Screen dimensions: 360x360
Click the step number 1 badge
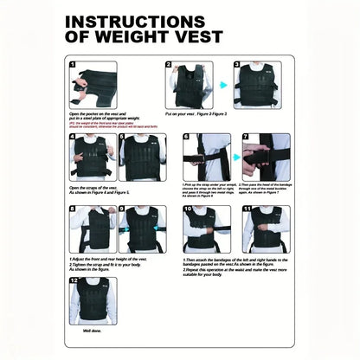[x=74, y=65]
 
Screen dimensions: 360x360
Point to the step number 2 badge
[x=170, y=65]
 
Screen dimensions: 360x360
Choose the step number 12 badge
[x=74, y=280]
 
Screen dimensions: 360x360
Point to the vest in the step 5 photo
[x=142, y=157]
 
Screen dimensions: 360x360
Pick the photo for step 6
[x=205, y=157]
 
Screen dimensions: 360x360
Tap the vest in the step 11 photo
[x=265, y=229]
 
